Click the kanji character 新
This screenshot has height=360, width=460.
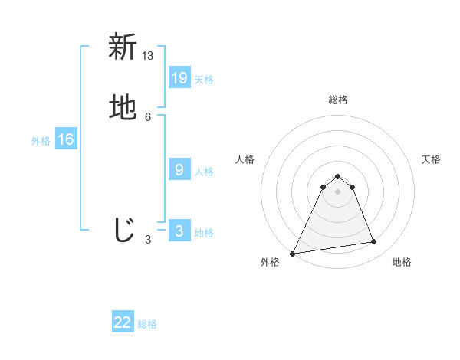(123, 47)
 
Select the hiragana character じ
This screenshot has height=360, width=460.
(123, 231)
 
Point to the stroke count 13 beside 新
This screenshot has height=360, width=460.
(148, 55)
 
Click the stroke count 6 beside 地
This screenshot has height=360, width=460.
(148, 116)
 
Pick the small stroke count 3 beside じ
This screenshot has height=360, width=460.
(148, 239)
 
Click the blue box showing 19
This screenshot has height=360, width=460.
(179, 77)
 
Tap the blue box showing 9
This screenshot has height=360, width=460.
(179, 170)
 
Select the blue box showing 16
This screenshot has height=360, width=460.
(66, 139)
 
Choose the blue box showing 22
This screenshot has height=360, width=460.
(123, 322)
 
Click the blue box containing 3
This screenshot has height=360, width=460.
(179, 231)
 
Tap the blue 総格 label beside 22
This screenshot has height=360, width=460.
(147, 324)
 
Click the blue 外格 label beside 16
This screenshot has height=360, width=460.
(41, 141)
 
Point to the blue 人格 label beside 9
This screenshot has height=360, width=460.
(204, 172)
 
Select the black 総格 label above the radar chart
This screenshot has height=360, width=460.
(338, 100)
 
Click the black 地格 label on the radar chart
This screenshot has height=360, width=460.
(402, 263)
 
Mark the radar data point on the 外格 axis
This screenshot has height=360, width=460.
(293, 254)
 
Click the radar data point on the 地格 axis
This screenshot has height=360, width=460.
(374, 242)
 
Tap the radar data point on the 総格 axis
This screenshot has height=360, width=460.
(337, 176)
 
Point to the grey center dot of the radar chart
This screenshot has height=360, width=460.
(337, 191)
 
